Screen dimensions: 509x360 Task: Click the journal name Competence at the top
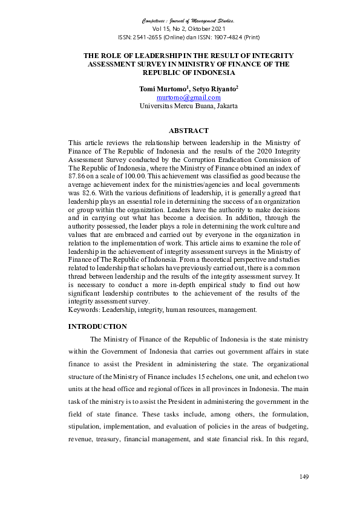[159, 21]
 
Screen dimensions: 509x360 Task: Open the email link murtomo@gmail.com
[188, 97]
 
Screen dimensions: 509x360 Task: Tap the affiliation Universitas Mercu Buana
[176, 105]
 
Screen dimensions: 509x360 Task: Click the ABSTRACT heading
[188, 131]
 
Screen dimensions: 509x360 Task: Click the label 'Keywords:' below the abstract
[83, 310]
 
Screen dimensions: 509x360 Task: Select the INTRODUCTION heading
[97, 326]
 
